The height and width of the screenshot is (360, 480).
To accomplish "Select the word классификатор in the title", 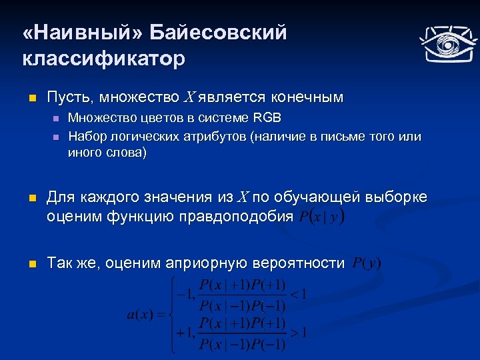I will click(103, 59).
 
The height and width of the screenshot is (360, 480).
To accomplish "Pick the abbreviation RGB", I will click(267, 118).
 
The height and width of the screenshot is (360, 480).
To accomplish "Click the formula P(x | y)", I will click(322, 217).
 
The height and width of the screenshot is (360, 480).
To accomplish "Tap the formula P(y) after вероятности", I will click(366, 263).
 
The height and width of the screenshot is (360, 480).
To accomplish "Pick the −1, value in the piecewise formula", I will click(183, 293).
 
